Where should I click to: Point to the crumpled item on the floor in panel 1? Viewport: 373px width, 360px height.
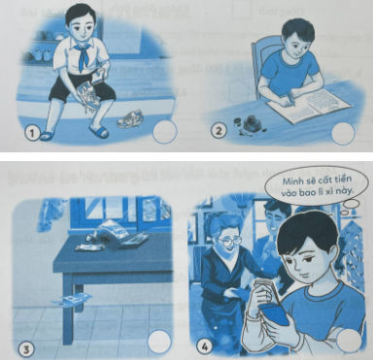125,121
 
